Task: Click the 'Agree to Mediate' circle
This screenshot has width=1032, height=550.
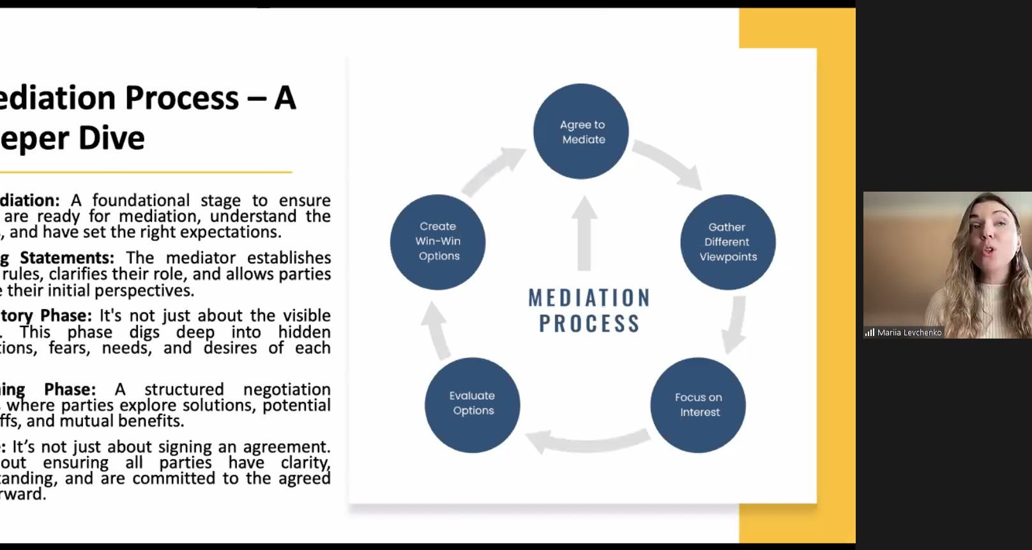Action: (x=581, y=132)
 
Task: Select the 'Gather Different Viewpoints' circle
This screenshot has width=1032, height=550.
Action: (x=728, y=242)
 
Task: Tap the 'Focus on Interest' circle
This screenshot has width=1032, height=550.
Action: (x=698, y=405)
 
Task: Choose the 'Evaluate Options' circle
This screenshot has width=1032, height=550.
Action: (x=473, y=405)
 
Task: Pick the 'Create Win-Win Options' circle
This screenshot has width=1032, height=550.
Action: (x=438, y=242)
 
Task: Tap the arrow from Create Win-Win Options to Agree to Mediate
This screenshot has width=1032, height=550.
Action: (x=492, y=169)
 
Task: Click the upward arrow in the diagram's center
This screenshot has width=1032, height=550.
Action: (x=584, y=233)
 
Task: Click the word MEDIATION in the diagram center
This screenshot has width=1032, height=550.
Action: (x=589, y=298)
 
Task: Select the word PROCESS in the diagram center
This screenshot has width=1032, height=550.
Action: (x=589, y=324)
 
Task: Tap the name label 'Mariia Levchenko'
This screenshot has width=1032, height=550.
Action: (x=909, y=333)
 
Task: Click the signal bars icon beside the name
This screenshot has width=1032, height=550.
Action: (x=869, y=333)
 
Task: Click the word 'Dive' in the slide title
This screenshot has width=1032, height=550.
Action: (x=112, y=138)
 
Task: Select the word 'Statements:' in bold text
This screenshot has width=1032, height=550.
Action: (x=67, y=258)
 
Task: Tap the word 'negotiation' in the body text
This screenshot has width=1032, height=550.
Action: (x=287, y=390)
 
